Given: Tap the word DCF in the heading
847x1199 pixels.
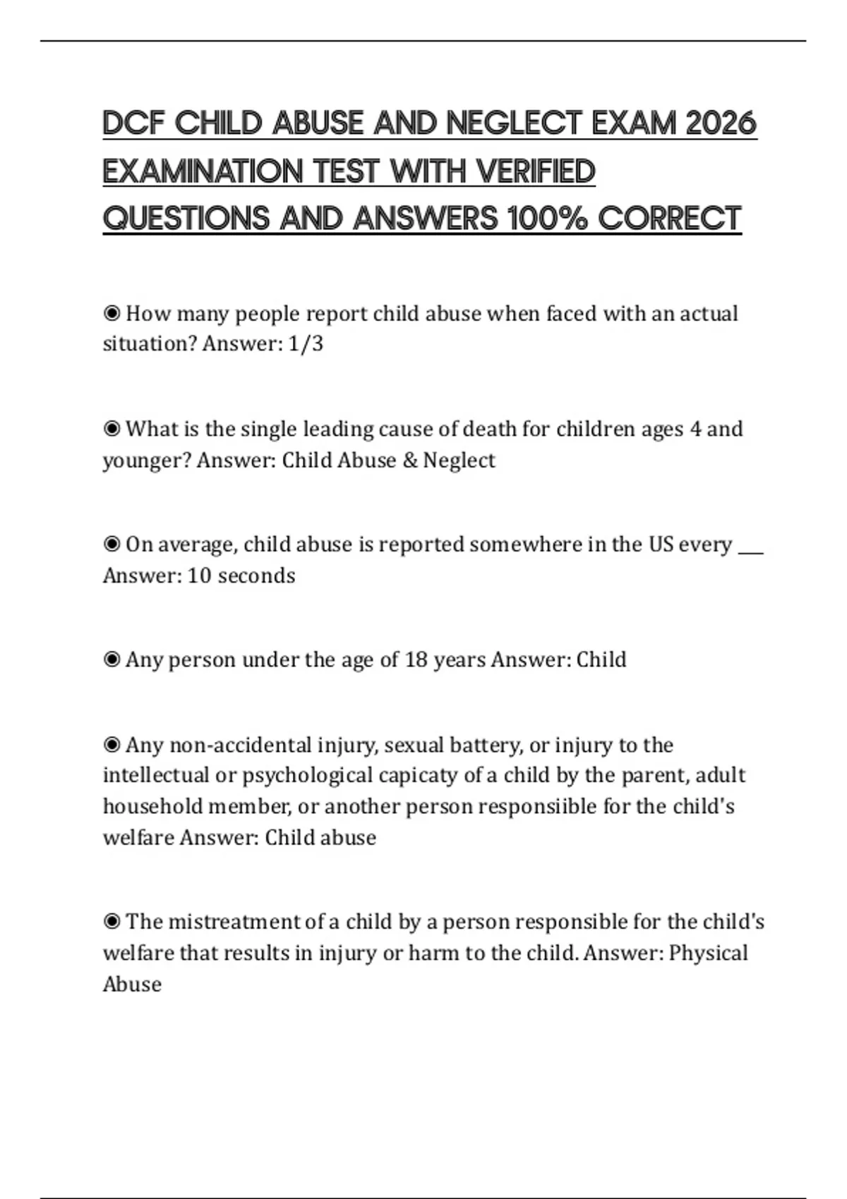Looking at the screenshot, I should coord(133,123).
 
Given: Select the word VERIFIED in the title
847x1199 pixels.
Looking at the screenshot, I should coord(536,171).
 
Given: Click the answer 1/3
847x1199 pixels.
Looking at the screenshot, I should coord(306,344).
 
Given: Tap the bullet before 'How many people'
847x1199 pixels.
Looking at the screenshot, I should coord(112,313).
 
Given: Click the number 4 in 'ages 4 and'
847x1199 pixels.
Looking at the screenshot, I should coord(695,430).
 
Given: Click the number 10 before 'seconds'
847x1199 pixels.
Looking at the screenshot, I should coord(200,576).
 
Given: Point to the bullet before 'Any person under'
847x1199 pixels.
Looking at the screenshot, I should coord(112,660).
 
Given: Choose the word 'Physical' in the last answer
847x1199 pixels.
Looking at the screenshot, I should coord(708,954).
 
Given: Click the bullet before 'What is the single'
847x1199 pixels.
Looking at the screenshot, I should coord(112,430).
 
